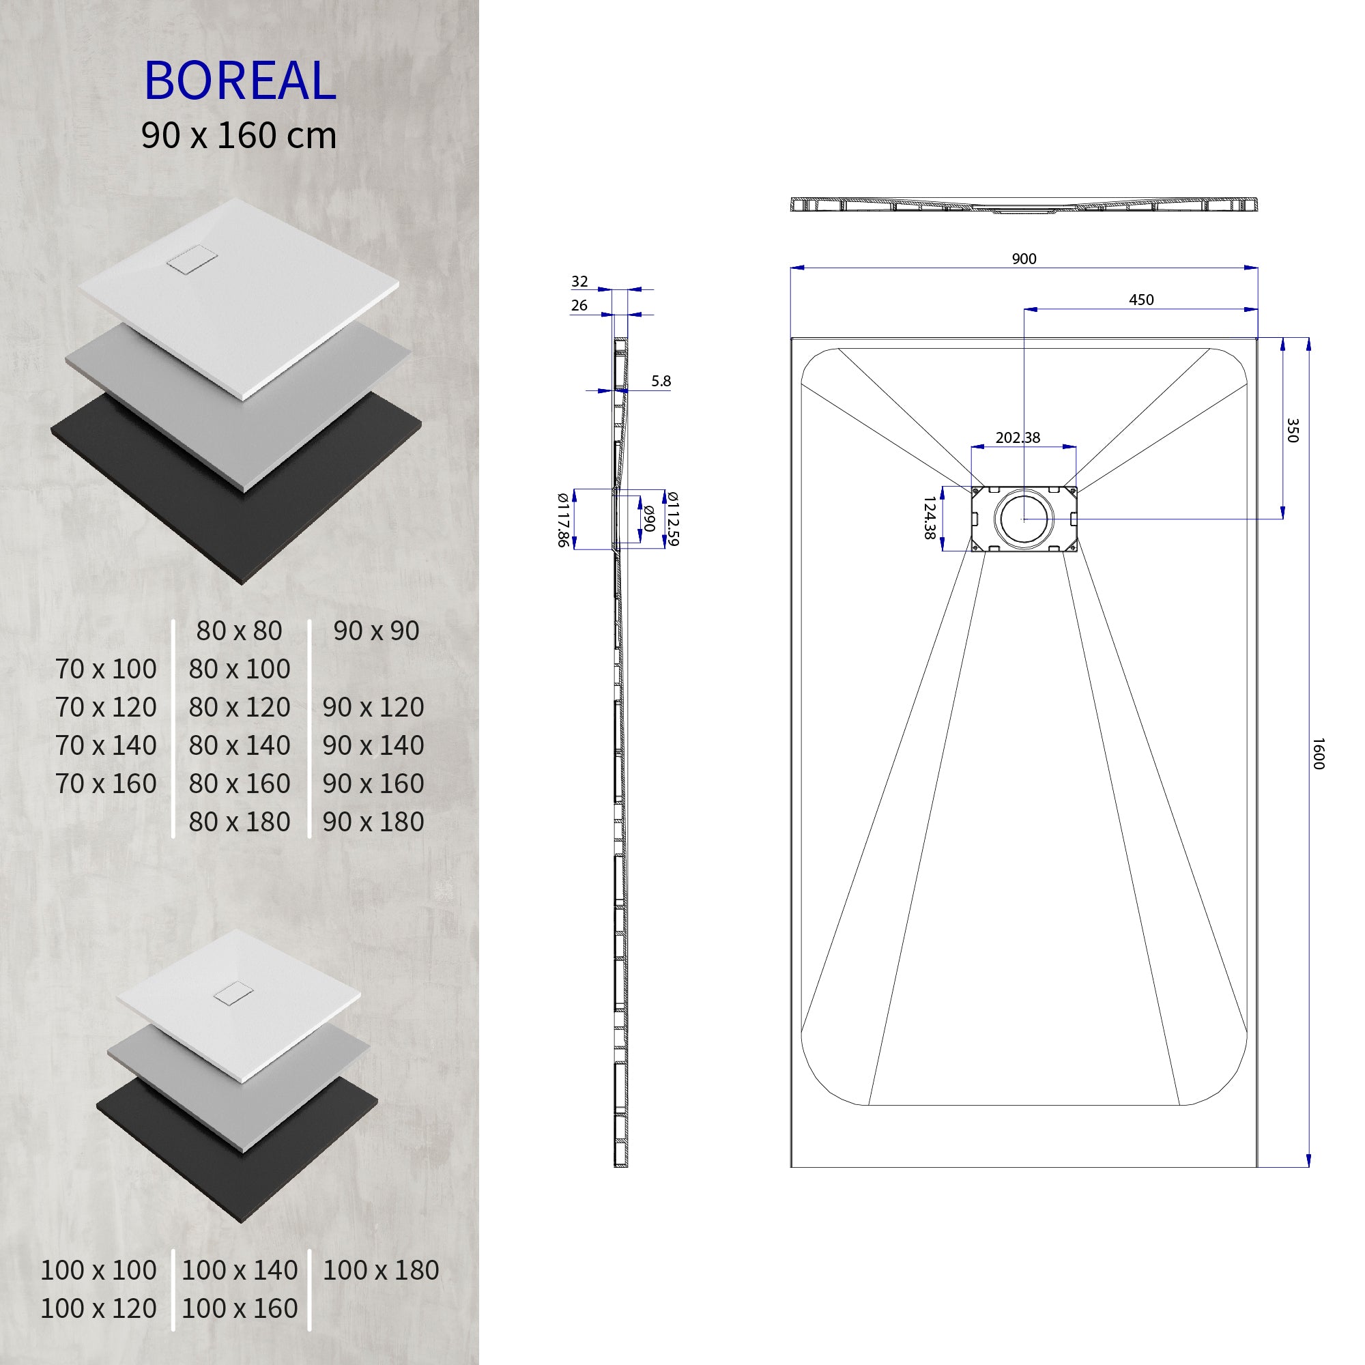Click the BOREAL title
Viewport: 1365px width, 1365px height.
pyautogui.click(x=240, y=81)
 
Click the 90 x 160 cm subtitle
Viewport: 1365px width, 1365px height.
pyautogui.click(x=239, y=136)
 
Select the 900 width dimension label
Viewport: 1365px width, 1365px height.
pyautogui.click(x=1024, y=259)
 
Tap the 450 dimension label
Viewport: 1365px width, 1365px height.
pyautogui.click(x=1141, y=300)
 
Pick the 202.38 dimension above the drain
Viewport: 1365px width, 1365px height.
pyautogui.click(x=1018, y=437)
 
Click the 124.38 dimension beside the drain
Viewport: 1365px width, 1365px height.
pyautogui.click(x=930, y=518)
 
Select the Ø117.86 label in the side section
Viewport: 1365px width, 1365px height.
pyautogui.click(x=562, y=519)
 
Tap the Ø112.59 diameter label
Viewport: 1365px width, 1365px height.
pyautogui.click(x=673, y=519)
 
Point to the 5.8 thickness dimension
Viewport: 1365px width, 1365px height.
pyautogui.click(x=661, y=381)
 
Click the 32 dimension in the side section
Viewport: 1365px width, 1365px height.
pyautogui.click(x=579, y=281)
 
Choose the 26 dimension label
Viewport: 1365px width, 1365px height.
pyautogui.click(x=579, y=305)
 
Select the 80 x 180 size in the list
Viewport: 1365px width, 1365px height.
pyautogui.click(x=240, y=822)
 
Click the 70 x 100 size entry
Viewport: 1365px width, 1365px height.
pyautogui.click(x=106, y=669)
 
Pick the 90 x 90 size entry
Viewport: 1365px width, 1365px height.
pyautogui.click(x=376, y=631)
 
